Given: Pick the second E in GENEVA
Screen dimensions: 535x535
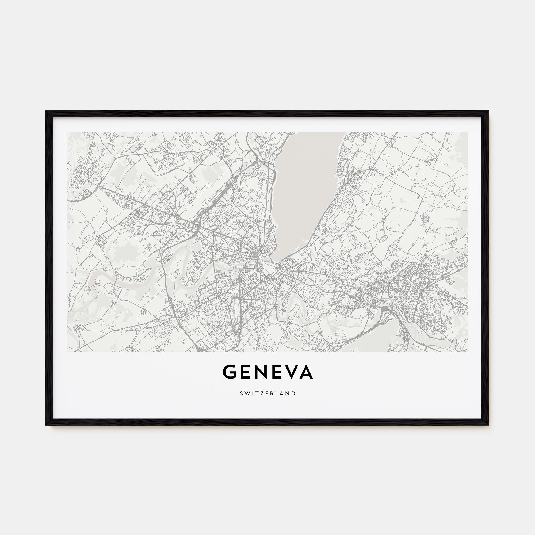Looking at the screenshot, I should click(x=277, y=372).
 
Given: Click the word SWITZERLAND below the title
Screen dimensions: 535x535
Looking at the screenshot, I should click(x=267, y=393).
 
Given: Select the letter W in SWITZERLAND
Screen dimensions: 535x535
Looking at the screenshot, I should click(x=246, y=393).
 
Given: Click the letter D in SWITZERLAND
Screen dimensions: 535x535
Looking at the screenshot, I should click(x=294, y=393).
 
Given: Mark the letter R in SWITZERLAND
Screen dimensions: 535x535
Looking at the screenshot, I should click(x=270, y=393).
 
